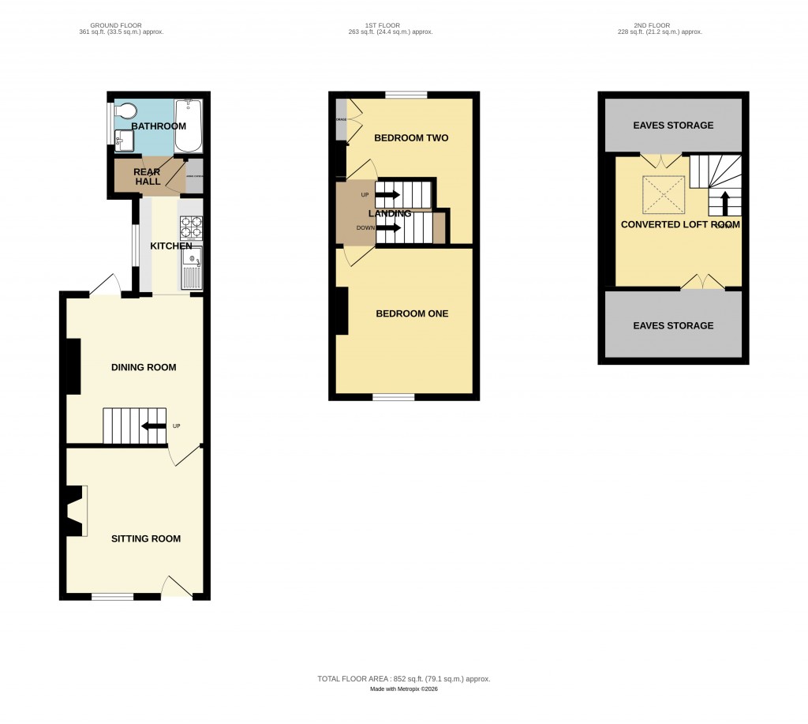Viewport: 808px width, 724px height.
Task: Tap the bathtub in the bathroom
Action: point(189,125)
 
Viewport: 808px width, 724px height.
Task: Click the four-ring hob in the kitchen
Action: point(191,227)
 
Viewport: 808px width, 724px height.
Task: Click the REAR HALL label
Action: point(148,177)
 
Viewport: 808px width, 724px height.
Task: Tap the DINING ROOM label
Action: point(144,367)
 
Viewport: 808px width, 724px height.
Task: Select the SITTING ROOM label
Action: point(145,538)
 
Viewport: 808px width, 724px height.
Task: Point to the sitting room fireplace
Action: point(76,512)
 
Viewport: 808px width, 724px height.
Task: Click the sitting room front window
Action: point(112,596)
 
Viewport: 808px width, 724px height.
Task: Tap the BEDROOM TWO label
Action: point(410,138)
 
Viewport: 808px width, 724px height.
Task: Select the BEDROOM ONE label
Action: point(411,313)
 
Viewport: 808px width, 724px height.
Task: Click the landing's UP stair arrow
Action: point(388,194)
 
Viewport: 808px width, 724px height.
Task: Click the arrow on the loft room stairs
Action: point(724,204)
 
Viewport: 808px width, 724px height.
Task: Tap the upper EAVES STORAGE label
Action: point(673,125)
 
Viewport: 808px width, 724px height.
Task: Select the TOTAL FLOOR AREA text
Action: point(404,679)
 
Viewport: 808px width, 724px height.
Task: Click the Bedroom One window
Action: point(393,397)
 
